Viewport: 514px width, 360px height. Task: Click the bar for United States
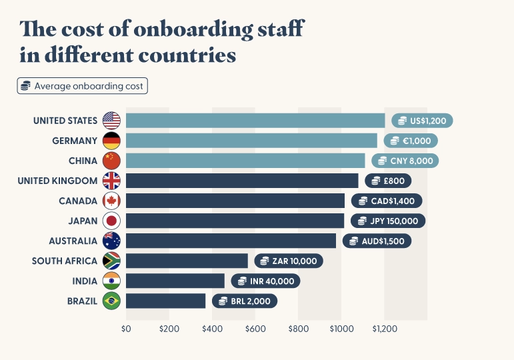(x=255, y=121)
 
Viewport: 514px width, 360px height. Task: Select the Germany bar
(x=251, y=141)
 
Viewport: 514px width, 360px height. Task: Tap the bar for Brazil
(x=165, y=301)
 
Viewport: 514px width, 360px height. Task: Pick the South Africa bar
(x=187, y=261)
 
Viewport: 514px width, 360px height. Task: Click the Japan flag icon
(x=111, y=221)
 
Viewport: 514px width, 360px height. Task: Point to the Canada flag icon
(x=111, y=201)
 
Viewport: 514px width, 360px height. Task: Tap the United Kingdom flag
(x=111, y=181)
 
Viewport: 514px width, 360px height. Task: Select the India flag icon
(x=111, y=281)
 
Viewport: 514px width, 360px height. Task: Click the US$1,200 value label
(x=423, y=121)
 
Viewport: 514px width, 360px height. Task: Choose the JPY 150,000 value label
(x=388, y=221)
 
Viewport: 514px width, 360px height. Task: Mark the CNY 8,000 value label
(x=405, y=161)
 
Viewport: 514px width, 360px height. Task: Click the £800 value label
(x=387, y=181)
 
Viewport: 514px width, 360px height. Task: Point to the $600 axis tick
(x=255, y=329)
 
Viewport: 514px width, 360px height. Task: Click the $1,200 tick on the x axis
(x=385, y=329)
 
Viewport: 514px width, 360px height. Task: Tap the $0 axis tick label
(x=126, y=329)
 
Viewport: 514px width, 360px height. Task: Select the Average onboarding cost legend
(x=83, y=86)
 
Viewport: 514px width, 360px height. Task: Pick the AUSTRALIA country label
(x=73, y=241)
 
